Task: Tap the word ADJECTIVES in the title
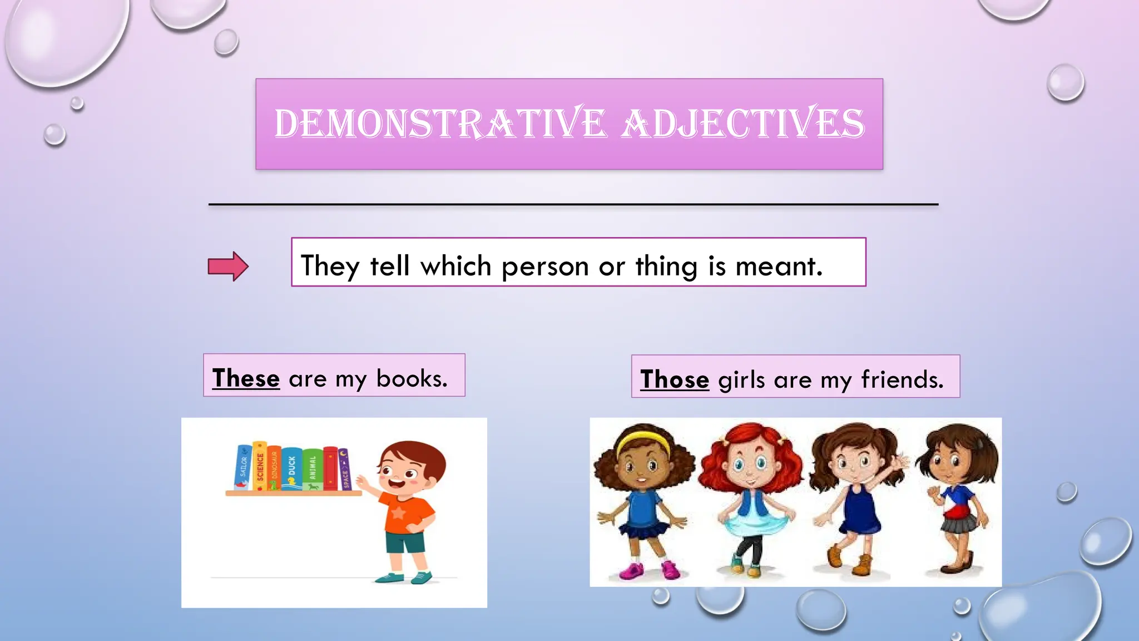click(x=743, y=124)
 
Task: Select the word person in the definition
click(x=544, y=267)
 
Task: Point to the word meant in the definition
click(x=778, y=267)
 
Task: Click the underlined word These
click(x=246, y=378)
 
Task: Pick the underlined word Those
click(x=675, y=379)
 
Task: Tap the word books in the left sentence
click(x=412, y=378)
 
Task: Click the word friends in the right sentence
click(x=902, y=379)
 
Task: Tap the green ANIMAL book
click(x=313, y=469)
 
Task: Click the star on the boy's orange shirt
click(x=399, y=512)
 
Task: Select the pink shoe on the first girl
click(x=632, y=571)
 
